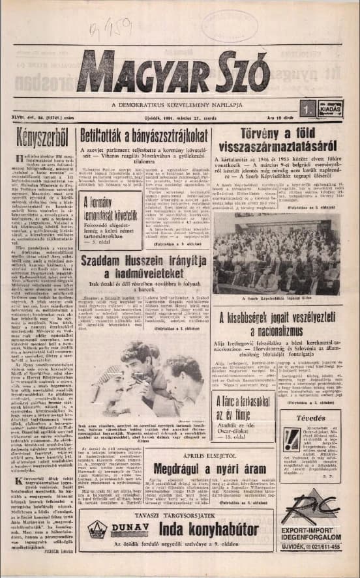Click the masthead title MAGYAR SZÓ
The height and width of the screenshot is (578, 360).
173,73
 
